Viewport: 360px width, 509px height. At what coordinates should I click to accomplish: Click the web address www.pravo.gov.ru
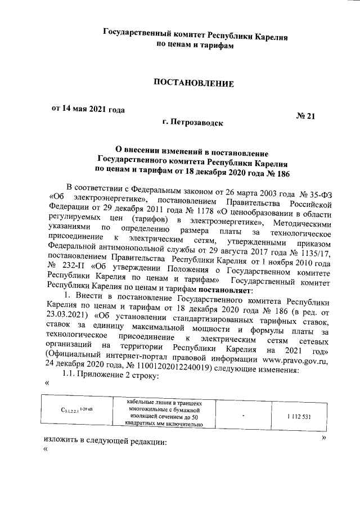pyautogui.click(x=295, y=353)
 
